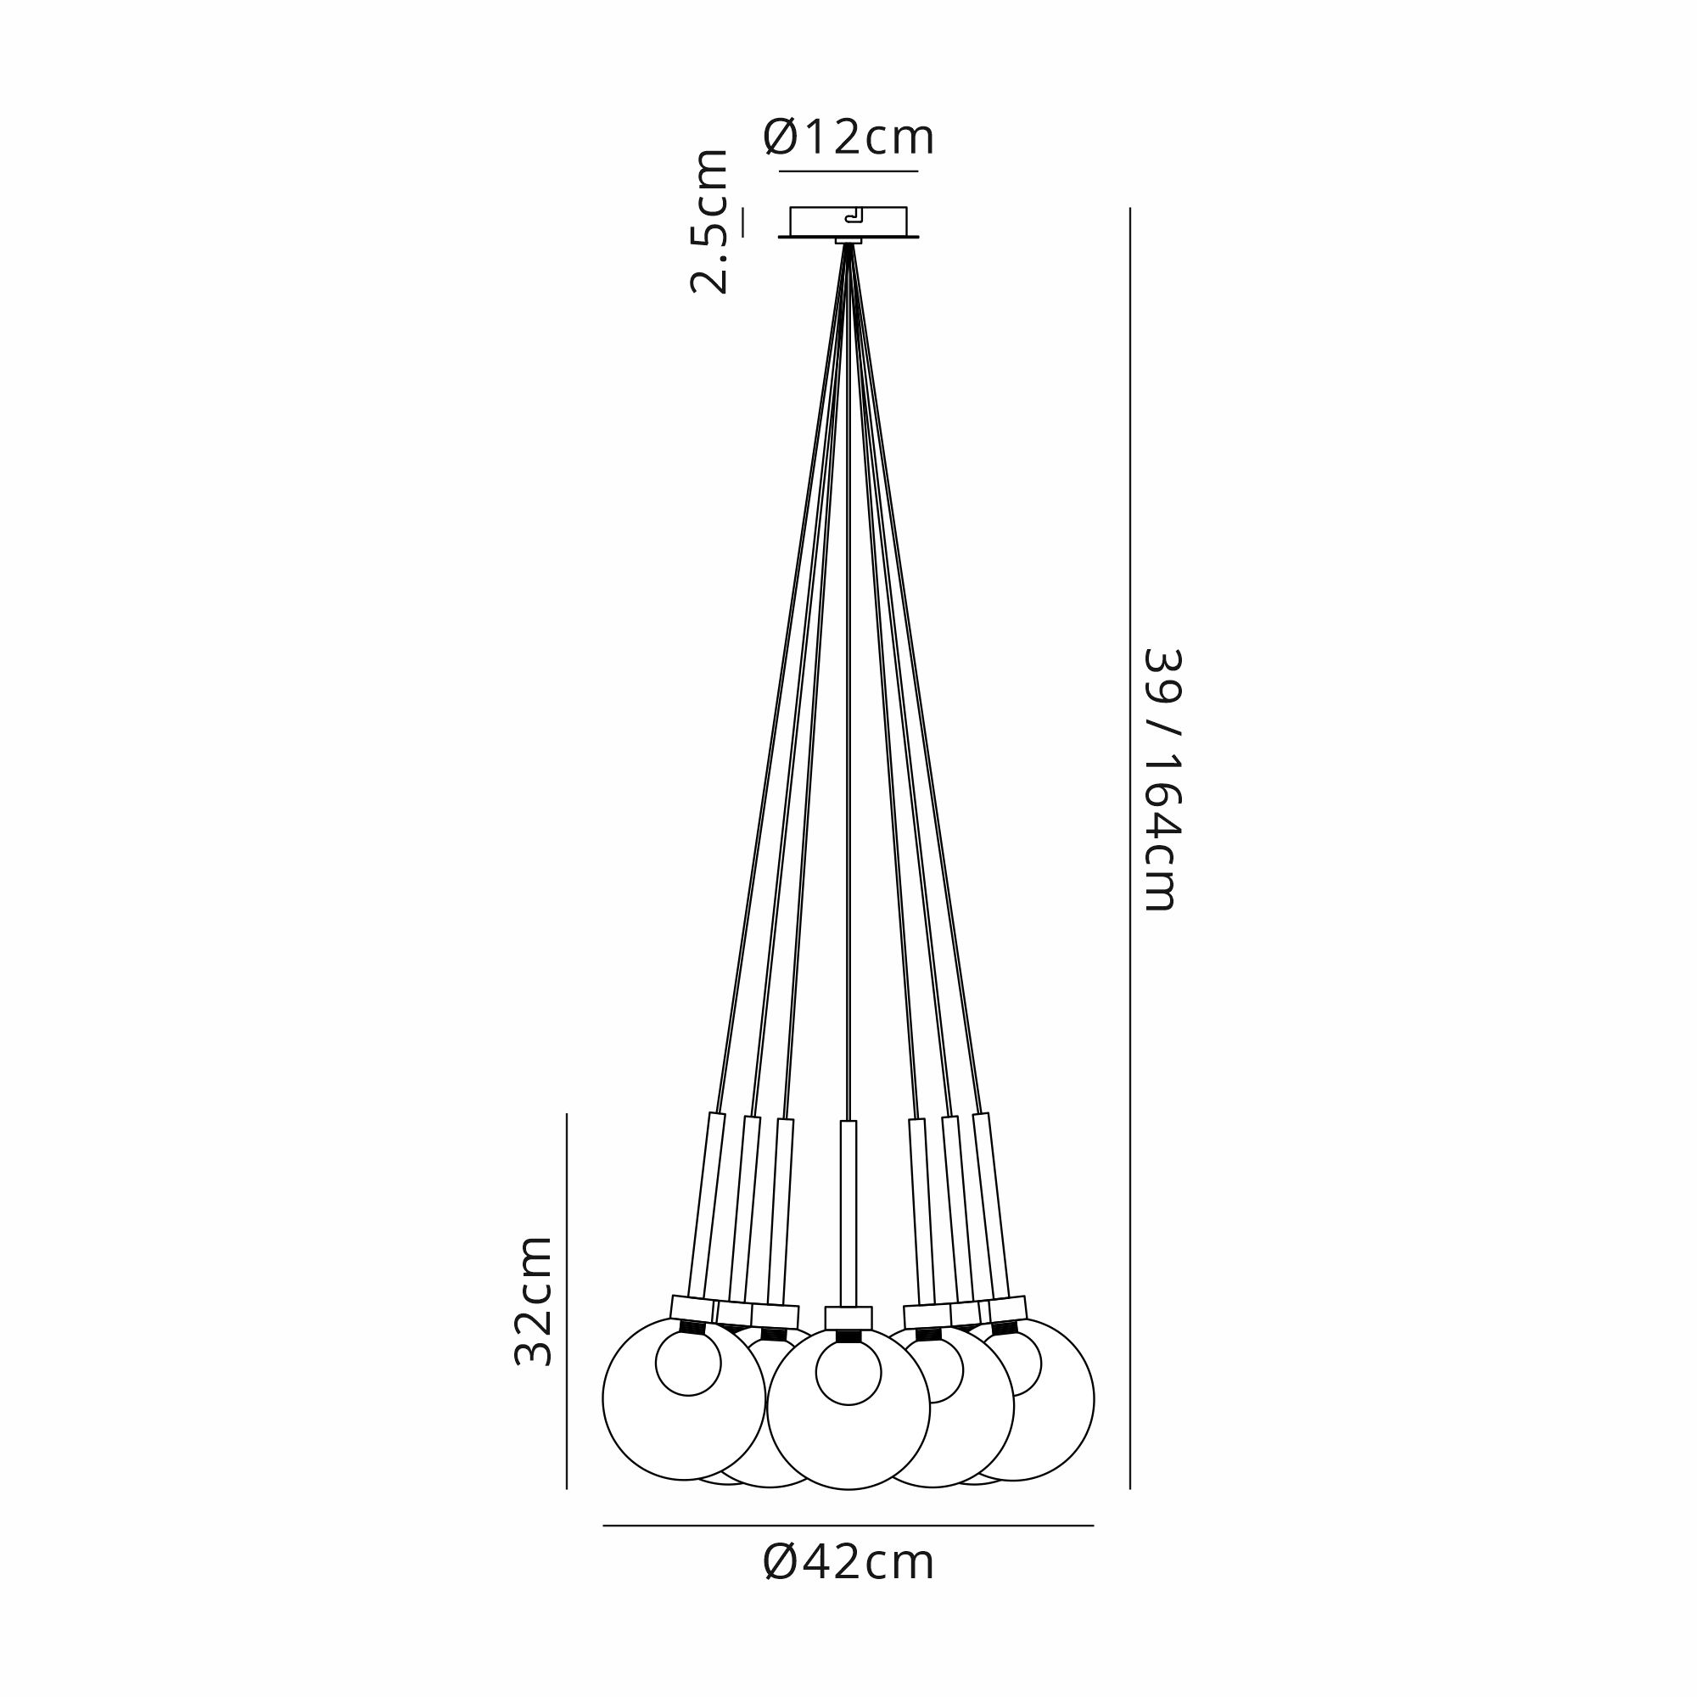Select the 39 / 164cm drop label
[1162, 780]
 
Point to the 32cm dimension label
[533, 1301]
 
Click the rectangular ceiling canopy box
[848, 221]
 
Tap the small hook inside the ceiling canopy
[853, 217]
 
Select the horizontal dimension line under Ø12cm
[848, 171]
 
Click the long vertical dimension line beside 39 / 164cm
[1129, 848]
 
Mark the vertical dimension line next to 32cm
[567, 1302]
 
